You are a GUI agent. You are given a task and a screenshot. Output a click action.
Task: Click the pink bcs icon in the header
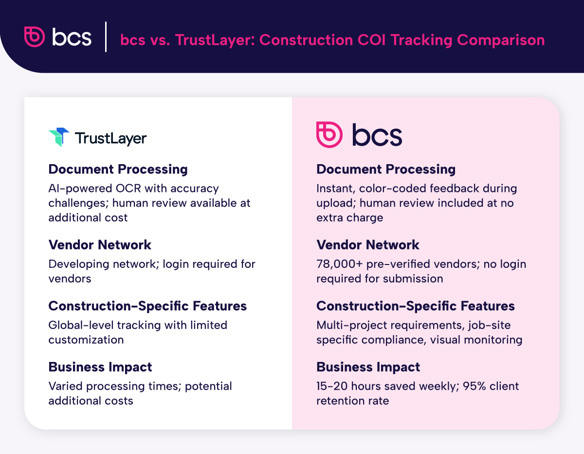pyautogui.click(x=35, y=37)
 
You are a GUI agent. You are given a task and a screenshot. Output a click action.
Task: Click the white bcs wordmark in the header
pyautogui.click(x=72, y=37)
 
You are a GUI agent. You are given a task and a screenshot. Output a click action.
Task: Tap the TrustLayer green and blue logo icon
pyautogui.click(x=59, y=137)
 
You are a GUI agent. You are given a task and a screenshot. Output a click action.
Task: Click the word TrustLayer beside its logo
pyautogui.click(x=110, y=138)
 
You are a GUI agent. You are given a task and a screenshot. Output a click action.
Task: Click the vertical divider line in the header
pyautogui.click(x=106, y=37)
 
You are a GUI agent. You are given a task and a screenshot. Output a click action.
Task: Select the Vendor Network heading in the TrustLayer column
pyautogui.click(x=100, y=245)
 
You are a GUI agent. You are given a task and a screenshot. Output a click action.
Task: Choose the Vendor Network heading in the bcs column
pyautogui.click(x=367, y=245)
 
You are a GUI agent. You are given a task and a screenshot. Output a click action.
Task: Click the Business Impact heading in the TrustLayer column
pyautogui.click(x=100, y=367)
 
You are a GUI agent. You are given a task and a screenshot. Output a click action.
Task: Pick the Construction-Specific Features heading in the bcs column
pyautogui.click(x=415, y=306)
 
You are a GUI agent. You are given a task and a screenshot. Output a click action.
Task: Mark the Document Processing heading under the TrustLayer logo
pyautogui.click(x=118, y=169)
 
